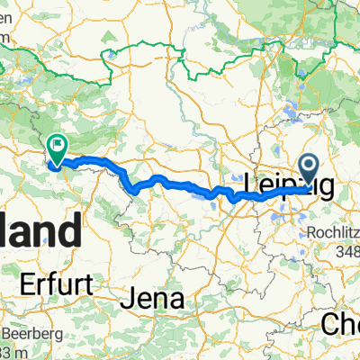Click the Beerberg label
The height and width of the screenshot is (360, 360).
(x=28, y=333)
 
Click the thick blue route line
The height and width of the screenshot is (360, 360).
(x=171, y=181)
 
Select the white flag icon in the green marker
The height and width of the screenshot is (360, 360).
(x=60, y=142)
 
